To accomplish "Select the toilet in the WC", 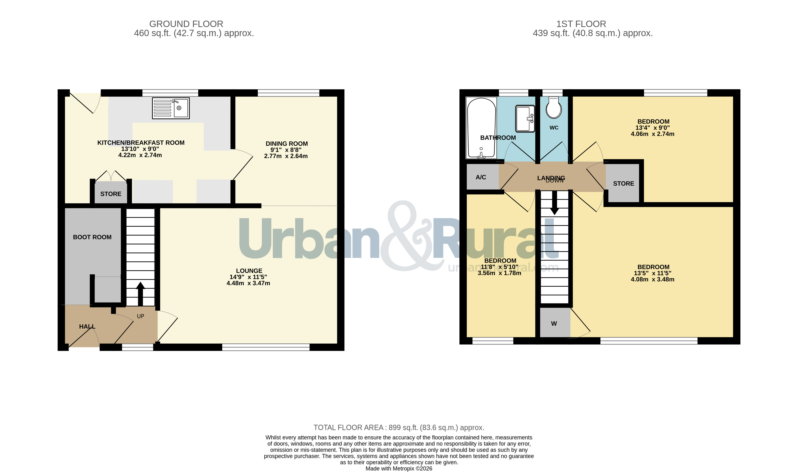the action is [x=554, y=107].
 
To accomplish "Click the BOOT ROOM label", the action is [x=92, y=237].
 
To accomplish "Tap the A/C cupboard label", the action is [x=481, y=177].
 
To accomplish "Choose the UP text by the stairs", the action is [x=140, y=316].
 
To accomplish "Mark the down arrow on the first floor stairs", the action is [x=555, y=203].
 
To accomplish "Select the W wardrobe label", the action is [x=554, y=323].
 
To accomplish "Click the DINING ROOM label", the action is [x=287, y=144].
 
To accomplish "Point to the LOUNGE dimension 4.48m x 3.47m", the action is [x=248, y=283].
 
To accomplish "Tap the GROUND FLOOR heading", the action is [x=186, y=24].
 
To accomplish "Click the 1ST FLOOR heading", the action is [x=581, y=24].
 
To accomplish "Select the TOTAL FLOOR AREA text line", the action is [x=399, y=427].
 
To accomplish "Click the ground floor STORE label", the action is [x=111, y=194].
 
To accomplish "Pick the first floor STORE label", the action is [x=623, y=184].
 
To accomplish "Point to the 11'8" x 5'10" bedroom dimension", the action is [x=499, y=267].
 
